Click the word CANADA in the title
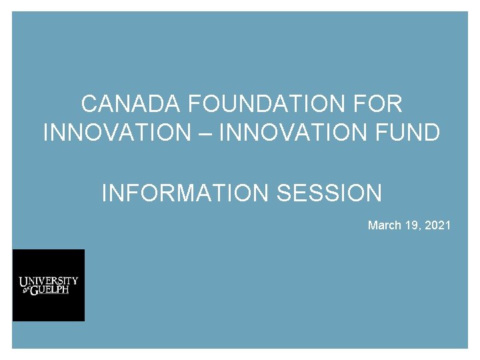(x=131, y=105)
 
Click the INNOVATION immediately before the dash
(x=117, y=133)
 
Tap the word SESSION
(x=329, y=194)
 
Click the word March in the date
(x=384, y=225)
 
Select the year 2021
(x=437, y=225)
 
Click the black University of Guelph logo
(x=49, y=285)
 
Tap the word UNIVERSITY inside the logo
(x=49, y=281)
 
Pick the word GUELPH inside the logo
(x=54, y=290)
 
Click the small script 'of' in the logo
(x=25, y=291)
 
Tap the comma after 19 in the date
(x=419, y=228)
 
